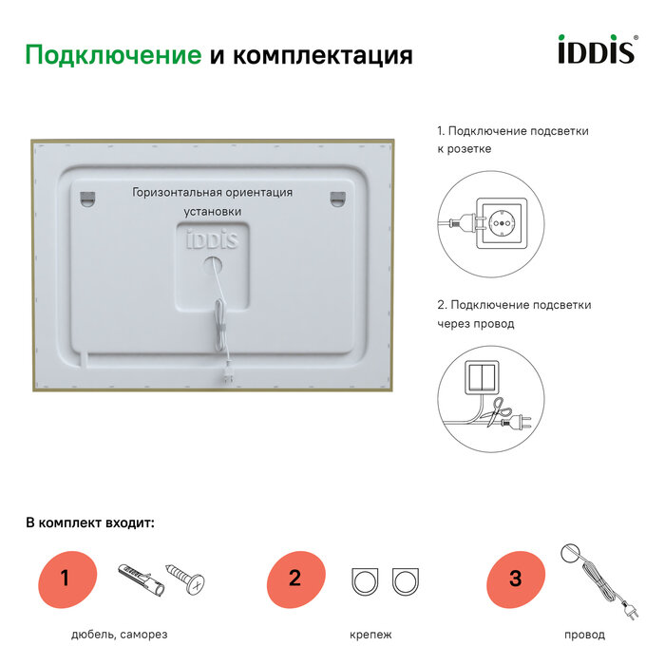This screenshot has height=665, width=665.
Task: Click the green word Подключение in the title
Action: pyautogui.click(x=113, y=55)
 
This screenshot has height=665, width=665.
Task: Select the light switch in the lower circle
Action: pyautogui.click(x=484, y=376)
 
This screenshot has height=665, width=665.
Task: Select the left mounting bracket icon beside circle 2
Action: pyautogui.click(x=366, y=580)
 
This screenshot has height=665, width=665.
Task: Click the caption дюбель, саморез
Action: pyautogui.click(x=120, y=635)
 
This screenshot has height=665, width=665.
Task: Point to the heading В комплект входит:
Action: pyautogui.click(x=89, y=522)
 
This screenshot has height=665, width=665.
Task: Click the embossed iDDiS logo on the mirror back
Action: pyautogui.click(x=212, y=239)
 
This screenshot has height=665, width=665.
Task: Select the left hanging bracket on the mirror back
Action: pyautogui.click(x=88, y=199)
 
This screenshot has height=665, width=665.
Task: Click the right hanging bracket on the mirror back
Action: pyautogui.click(x=339, y=198)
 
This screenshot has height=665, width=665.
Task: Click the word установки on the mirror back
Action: pyautogui.click(x=214, y=211)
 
